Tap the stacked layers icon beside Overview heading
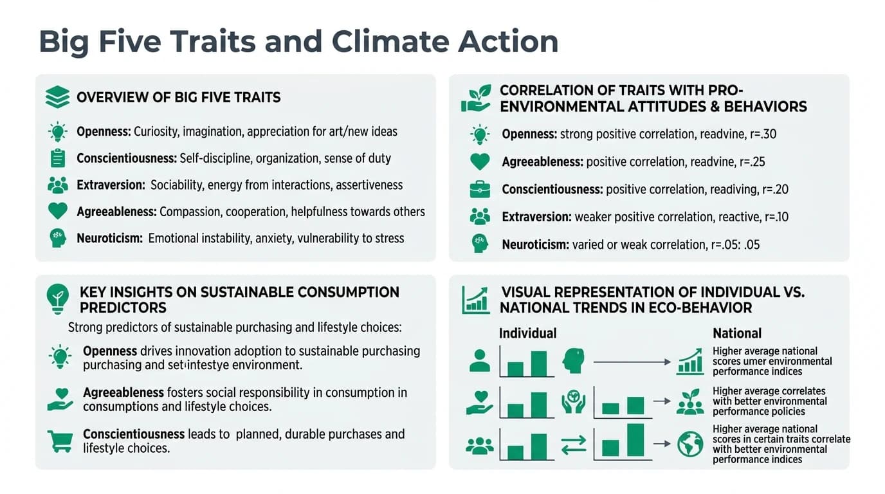click(58, 98)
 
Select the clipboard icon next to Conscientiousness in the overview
click(58, 158)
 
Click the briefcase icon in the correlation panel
click(480, 189)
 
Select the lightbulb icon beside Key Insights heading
click(58, 298)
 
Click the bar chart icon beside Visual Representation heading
click(476, 300)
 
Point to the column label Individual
click(527, 333)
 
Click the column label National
click(736, 333)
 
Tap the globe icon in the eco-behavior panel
click(690, 444)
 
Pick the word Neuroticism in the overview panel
click(109, 238)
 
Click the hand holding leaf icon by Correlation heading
click(476, 98)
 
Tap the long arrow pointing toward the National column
click(632, 362)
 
